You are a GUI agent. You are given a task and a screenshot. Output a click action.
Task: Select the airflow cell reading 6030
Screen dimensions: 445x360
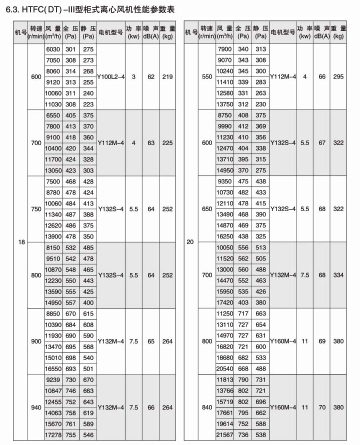[52, 49]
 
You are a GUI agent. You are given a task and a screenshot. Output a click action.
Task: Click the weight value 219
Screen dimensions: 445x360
[167, 76]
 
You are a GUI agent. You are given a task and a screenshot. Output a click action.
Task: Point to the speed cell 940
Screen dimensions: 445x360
[36, 408]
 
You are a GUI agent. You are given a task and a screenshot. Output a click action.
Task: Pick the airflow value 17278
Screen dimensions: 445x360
[52, 435]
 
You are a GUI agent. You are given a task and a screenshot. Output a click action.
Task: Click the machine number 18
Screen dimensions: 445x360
[21, 242]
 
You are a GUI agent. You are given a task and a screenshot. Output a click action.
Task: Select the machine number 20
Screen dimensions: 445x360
[190, 242]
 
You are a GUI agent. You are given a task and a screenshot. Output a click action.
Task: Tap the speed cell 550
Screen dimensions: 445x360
[206, 76]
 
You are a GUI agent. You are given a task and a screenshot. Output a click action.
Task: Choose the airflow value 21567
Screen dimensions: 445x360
[224, 435]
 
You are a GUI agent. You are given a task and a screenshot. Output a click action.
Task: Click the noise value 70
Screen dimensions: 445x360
[322, 408]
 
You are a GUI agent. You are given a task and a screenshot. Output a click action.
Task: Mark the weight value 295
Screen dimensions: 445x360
[338, 76]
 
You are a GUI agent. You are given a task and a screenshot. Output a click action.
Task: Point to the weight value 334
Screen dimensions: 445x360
[338, 275]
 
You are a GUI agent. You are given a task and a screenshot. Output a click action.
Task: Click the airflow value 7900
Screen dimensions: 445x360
[224, 49]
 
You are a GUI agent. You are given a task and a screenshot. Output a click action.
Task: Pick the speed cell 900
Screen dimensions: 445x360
[36, 341]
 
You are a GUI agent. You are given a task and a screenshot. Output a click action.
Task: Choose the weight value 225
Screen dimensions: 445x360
[167, 143]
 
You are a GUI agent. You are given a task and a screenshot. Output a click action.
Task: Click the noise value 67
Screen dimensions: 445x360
[322, 143]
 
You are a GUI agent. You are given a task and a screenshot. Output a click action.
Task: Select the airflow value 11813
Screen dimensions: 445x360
[224, 380]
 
